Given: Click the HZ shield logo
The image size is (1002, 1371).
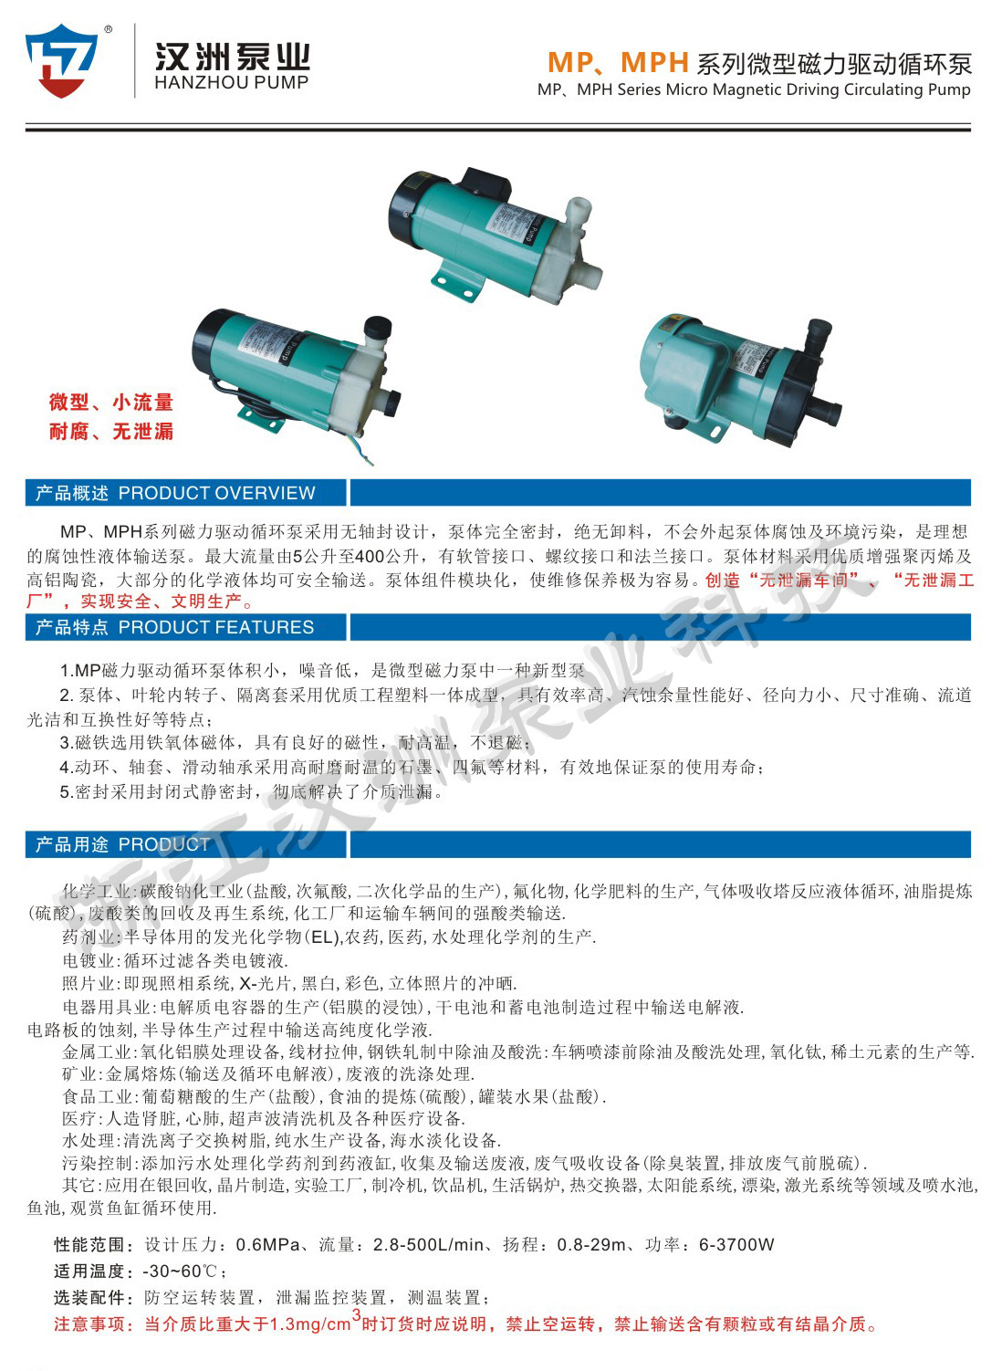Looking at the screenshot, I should (62, 60).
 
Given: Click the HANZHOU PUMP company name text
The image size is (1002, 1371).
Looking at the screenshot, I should (232, 82).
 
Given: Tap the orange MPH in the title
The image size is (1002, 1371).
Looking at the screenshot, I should (654, 62).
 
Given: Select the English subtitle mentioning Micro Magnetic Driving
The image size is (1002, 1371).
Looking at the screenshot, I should (754, 89).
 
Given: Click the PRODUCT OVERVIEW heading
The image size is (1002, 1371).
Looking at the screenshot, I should (216, 493).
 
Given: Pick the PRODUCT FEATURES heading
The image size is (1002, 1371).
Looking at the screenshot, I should (215, 627).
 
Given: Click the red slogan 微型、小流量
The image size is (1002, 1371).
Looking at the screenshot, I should (110, 403).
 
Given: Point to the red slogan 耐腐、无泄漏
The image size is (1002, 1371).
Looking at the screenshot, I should (110, 432).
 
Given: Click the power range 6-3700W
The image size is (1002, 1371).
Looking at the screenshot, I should (736, 1245).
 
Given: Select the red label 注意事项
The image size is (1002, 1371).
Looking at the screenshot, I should (93, 1324).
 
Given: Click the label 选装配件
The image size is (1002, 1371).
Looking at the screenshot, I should (93, 1298).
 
